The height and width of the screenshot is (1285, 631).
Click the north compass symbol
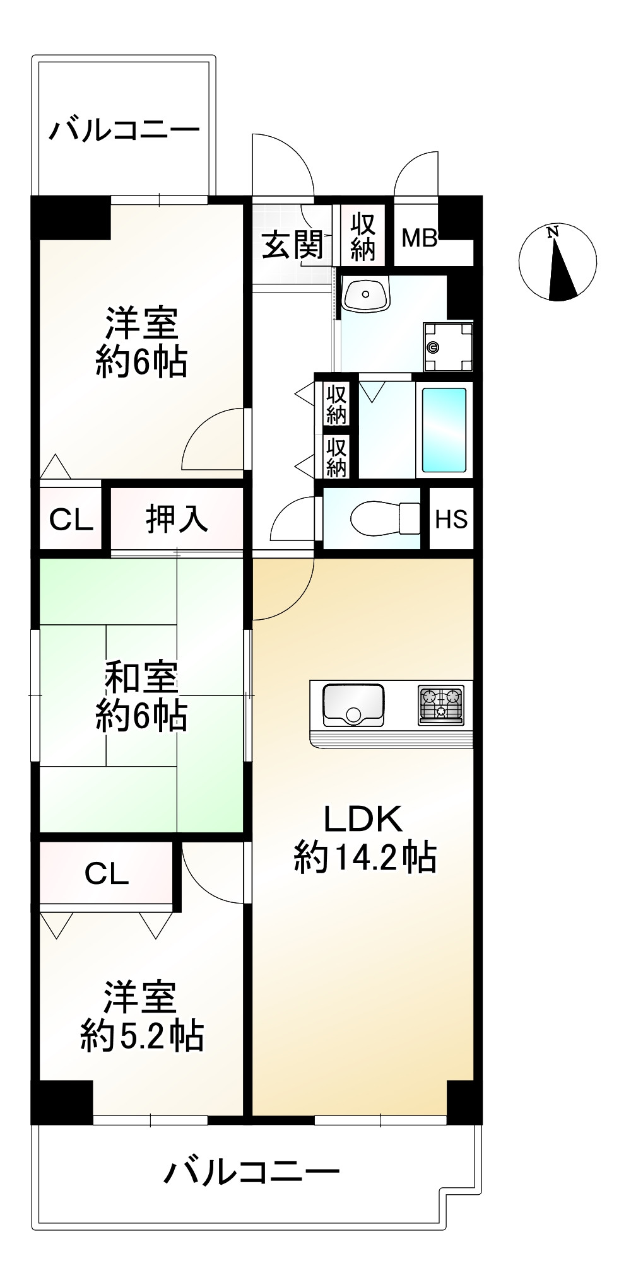[557, 261]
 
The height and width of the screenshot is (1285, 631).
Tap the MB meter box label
[420, 238]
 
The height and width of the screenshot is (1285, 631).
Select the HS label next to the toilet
[451, 519]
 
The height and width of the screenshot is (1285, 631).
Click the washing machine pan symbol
[448, 347]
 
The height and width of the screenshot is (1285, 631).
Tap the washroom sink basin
[365, 293]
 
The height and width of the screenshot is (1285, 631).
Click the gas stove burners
[441, 704]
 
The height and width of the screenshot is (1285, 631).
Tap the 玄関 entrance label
[292, 245]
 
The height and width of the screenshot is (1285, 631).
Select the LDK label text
[363, 819]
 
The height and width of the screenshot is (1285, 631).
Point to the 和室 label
[141, 678]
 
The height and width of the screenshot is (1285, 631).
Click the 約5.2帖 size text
[142, 1035]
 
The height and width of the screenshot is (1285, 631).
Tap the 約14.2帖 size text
[365, 858]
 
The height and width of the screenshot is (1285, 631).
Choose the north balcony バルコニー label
[125, 131]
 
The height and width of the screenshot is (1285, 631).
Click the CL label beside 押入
[71, 520]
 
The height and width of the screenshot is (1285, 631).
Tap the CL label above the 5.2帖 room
[107, 874]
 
